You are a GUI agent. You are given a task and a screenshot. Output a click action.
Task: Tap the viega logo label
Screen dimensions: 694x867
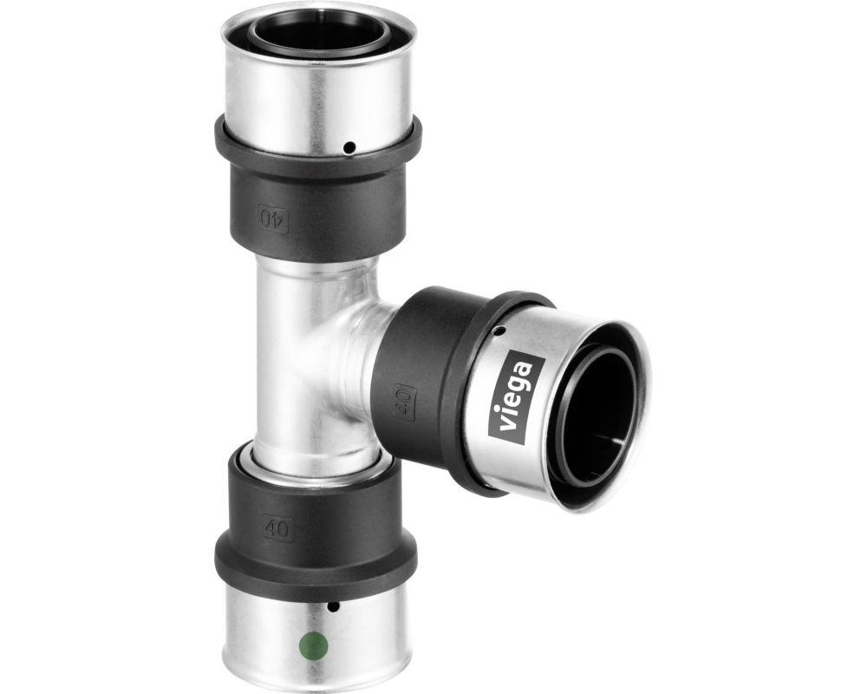point(518,400)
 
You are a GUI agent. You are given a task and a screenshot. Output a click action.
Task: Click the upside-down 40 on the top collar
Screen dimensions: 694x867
point(274,217)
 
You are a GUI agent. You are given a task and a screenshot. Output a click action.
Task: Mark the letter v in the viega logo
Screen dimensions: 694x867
point(506,426)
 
